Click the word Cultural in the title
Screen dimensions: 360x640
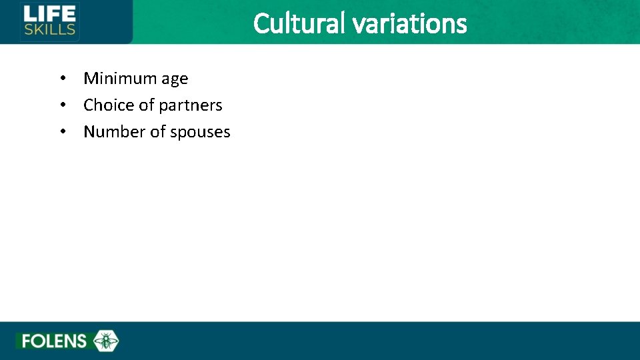pos(300,24)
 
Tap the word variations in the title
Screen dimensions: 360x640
pos(409,24)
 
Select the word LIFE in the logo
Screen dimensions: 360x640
pos(49,13)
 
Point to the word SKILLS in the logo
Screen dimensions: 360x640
pos(49,29)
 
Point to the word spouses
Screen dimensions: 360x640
pos(200,133)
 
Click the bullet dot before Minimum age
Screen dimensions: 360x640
pos(62,79)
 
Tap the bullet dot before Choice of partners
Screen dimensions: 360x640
pos(62,105)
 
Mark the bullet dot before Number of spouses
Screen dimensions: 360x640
pos(62,132)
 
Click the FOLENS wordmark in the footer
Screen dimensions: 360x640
pos(54,341)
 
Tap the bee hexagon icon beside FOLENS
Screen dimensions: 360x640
pos(105,341)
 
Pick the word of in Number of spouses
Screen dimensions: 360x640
pos(158,132)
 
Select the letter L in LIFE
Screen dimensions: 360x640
pos(28,13)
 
